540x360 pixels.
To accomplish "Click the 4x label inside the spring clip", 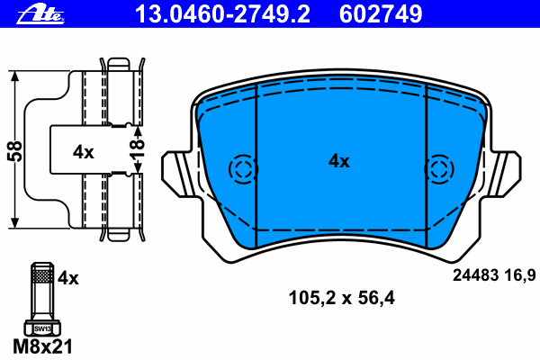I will (83, 152).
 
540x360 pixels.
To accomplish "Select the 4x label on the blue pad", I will (338, 161).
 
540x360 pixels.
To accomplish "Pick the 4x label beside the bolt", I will (68, 279).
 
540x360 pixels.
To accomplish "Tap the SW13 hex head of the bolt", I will (41, 328).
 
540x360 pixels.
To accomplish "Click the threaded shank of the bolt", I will (41, 290).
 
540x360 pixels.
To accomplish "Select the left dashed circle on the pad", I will (244, 168).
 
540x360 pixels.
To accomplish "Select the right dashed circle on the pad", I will (438, 168).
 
